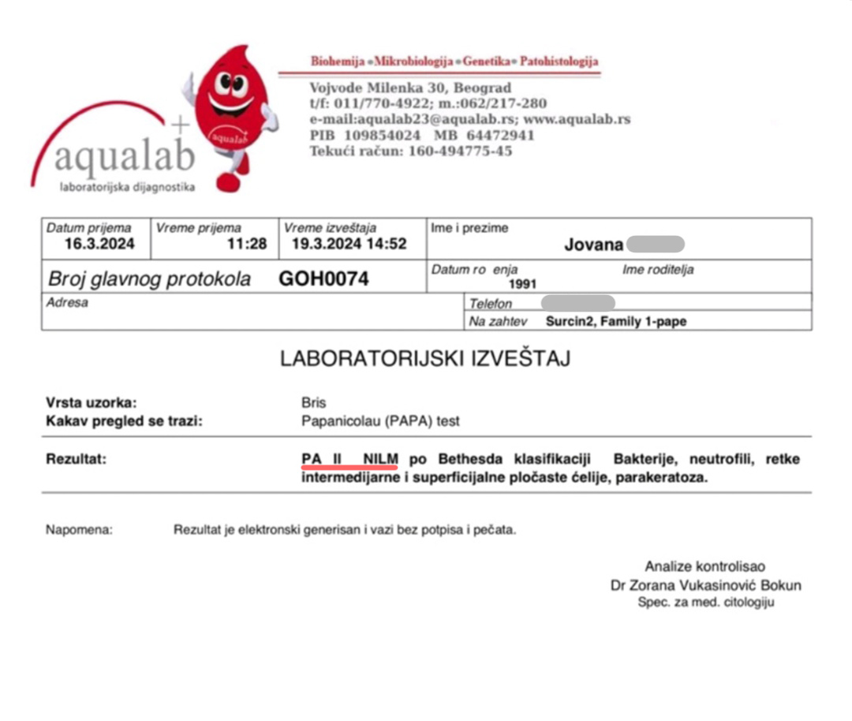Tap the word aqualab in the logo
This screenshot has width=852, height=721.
click(124, 158)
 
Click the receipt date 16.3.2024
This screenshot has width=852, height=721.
click(99, 244)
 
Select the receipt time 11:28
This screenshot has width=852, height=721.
click(247, 244)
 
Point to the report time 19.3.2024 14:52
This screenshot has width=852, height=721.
click(349, 244)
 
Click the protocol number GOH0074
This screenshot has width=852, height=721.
click(323, 279)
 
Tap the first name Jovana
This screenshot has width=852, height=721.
click(593, 245)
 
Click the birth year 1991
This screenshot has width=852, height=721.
click(522, 284)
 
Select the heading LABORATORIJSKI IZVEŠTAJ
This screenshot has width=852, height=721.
click(425, 359)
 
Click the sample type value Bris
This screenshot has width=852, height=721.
click(313, 403)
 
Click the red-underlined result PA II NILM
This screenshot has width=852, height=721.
click(349, 459)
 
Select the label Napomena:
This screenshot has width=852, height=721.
click(79, 530)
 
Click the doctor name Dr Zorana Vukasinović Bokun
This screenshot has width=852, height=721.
click(705, 585)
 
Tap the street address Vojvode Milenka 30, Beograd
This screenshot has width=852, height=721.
click(410, 88)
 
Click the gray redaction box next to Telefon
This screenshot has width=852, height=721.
click(578, 303)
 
